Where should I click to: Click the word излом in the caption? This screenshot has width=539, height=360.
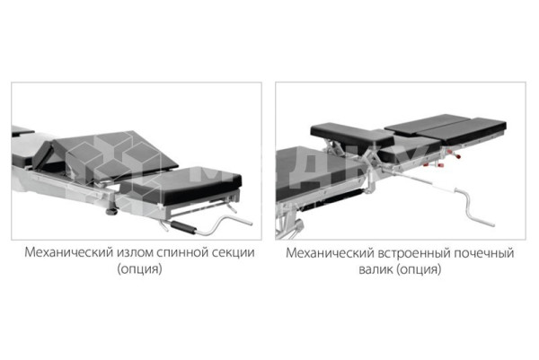[x=135, y=252]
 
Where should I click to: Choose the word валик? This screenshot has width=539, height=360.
[x=376, y=269]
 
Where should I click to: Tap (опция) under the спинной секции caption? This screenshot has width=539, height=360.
[x=139, y=269]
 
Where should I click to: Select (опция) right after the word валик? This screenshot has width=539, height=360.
[x=419, y=269]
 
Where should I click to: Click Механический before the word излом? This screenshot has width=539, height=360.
[x=69, y=252]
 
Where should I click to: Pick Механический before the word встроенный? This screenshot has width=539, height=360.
[x=330, y=253]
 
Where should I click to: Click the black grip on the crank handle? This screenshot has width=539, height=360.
[x=183, y=227]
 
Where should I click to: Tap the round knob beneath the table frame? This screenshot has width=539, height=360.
[x=111, y=211]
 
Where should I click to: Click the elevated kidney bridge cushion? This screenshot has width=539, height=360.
[x=352, y=135]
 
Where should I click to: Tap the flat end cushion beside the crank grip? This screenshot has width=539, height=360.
[x=181, y=186]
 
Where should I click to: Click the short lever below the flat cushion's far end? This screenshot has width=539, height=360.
[x=232, y=207]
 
